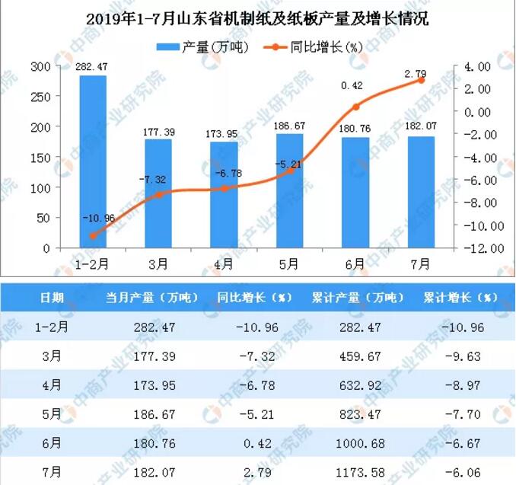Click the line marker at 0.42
[x=355, y=107]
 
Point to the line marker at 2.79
[x=421, y=80]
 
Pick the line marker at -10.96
[x=93, y=236]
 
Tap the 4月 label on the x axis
[x=224, y=264]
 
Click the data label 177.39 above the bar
[x=158, y=132]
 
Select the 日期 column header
[x=52, y=297]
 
